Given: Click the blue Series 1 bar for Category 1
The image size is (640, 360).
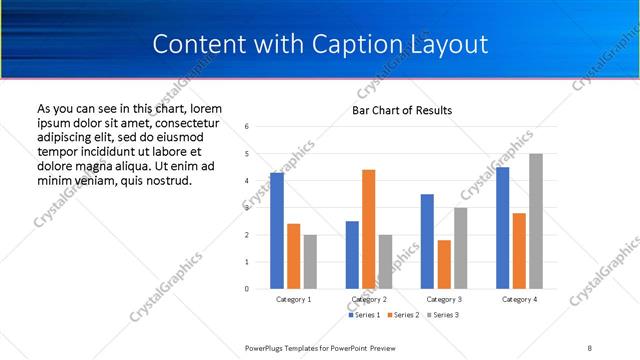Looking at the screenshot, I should pyautogui.click(x=277, y=231).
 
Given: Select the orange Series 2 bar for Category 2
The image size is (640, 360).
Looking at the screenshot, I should pyautogui.click(x=368, y=229).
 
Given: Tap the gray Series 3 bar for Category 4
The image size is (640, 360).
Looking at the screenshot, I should pyautogui.click(x=536, y=221).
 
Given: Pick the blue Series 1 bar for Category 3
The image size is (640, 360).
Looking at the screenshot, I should pyautogui.click(x=427, y=241).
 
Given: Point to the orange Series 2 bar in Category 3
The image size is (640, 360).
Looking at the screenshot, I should pyautogui.click(x=444, y=264).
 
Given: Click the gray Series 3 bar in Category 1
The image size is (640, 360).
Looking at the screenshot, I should pyautogui.click(x=310, y=262).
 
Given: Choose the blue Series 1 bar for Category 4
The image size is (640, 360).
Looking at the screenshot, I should pyautogui.click(x=502, y=228).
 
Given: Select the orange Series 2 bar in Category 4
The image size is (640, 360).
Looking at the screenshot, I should pyautogui.click(x=519, y=251).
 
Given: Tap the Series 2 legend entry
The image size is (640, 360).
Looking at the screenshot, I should pyautogui.click(x=401, y=315).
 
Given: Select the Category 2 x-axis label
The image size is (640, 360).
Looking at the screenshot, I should pyautogui.click(x=369, y=299).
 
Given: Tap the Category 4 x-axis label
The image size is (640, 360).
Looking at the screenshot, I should pyautogui.click(x=519, y=299).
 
